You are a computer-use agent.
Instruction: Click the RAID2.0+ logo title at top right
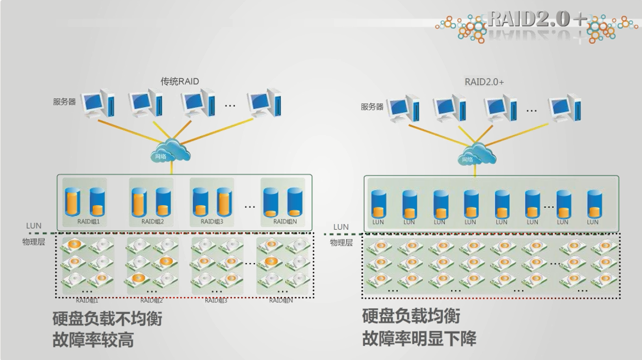[537, 19]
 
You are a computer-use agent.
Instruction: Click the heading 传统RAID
[180, 82]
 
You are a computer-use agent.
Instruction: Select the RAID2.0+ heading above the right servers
[484, 82]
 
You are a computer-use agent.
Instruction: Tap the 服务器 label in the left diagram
[64, 102]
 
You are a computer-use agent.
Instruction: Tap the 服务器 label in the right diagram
[372, 107]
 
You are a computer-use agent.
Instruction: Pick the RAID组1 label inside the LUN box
[88, 221]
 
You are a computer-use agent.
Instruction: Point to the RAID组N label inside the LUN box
[285, 221]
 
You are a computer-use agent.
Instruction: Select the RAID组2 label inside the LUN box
[152, 221]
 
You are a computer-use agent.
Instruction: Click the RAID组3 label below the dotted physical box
[216, 301]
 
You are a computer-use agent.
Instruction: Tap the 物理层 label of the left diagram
[33, 241]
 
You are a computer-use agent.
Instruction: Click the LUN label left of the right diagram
[341, 227]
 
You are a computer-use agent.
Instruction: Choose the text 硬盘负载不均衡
[107, 318]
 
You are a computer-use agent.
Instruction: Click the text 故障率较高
[93, 340]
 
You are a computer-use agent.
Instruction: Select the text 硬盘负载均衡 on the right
[411, 316]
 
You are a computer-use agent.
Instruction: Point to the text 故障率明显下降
[419, 338]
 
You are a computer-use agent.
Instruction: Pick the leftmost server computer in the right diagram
[403, 108]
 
